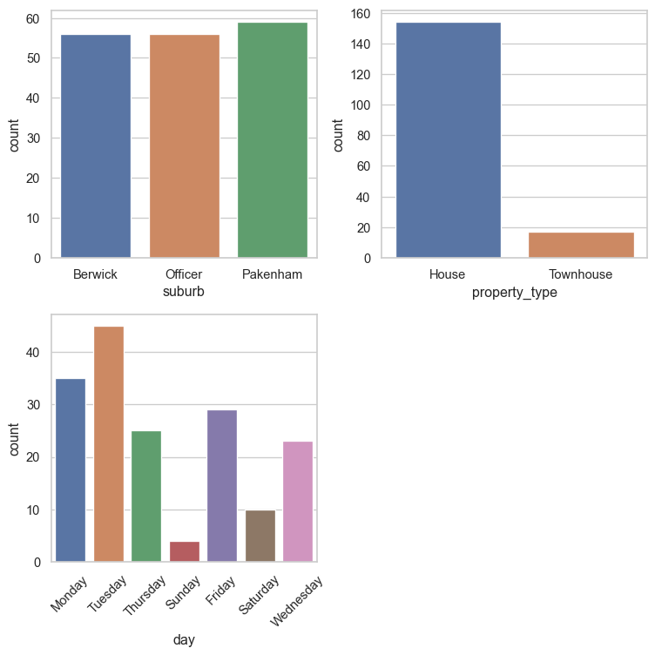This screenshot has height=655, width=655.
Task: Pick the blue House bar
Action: (x=448, y=140)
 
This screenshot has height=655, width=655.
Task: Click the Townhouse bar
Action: (x=581, y=245)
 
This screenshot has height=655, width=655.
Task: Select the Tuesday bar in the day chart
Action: (x=109, y=444)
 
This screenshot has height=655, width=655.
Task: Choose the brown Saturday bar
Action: (x=260, y=536)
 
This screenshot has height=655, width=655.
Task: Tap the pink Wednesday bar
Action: (x=297, y=502)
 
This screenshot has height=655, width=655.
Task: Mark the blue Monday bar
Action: (x=71, y=470)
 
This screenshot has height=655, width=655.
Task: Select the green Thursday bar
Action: (x=146, y=496)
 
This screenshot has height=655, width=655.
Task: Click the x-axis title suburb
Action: (x=184, y=292)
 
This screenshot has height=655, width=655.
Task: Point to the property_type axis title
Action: (x=514, y=293)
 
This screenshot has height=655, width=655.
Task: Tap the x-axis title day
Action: (x=184, y=640)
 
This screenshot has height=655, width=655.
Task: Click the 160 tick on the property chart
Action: (x=362, y=14)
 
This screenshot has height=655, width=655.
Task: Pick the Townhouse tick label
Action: (x=581, y=274)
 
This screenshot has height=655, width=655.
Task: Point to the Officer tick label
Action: (x=184, y=274)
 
